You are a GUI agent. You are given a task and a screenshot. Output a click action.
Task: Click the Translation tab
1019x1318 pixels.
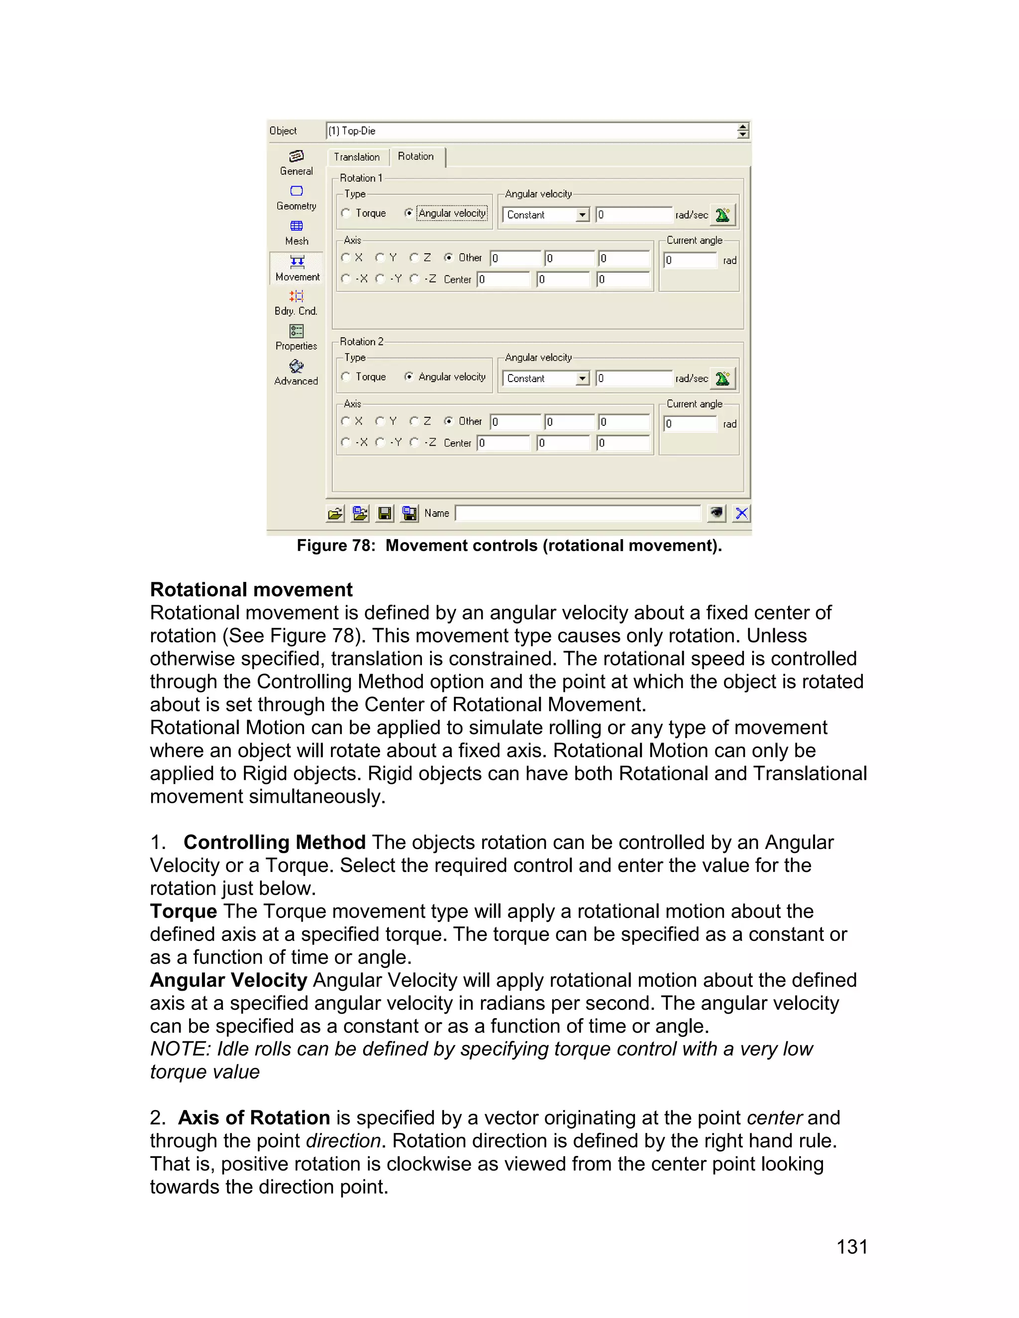357,157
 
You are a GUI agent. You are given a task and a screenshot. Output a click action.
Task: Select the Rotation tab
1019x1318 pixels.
416,156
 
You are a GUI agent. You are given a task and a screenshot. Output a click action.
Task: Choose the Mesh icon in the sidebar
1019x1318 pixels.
297,232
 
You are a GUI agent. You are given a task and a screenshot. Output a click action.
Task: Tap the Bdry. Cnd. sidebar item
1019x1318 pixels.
296,302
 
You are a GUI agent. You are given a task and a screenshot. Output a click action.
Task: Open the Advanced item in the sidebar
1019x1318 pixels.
296,373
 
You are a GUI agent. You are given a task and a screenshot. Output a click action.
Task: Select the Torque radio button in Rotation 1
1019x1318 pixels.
346,213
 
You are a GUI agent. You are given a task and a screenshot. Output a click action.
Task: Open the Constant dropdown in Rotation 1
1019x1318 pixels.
582,215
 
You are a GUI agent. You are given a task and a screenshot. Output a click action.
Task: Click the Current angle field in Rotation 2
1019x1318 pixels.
690,424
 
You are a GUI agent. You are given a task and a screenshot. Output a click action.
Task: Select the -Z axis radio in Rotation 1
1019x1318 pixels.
414,279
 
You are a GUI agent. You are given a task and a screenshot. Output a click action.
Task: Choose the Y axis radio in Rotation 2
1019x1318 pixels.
380,421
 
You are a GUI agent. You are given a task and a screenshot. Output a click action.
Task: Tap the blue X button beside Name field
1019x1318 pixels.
741,514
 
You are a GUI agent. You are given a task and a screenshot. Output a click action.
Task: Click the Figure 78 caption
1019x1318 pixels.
509,546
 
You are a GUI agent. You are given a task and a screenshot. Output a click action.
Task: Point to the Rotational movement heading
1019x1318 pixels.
251,589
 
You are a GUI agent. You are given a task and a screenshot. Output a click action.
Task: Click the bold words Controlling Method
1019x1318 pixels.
274,842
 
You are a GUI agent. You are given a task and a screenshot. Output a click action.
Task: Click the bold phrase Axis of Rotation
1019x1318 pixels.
254,1118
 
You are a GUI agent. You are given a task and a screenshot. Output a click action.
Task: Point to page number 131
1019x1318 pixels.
852,1247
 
